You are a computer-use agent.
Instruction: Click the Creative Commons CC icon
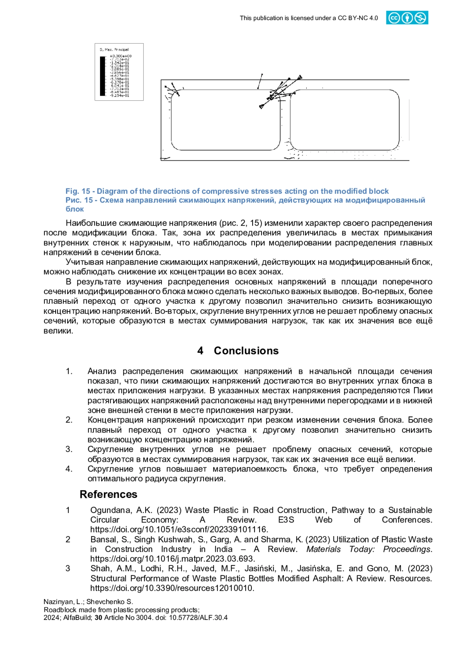(x=393, y=18)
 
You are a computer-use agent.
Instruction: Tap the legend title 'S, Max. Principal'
(x=114, y=49)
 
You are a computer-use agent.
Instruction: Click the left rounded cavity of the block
(x=225, y=120)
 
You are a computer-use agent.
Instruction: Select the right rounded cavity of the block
(x=344, y=120)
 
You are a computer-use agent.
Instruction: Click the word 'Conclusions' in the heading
(x=246, y=350)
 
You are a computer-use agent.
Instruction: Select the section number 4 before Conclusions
(x=200, y=350)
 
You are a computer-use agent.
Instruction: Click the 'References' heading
(x=108, y=494)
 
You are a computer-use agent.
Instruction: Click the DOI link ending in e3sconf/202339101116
(x=179, y=529)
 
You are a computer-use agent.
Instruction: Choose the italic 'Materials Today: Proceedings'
(x=369, y=549)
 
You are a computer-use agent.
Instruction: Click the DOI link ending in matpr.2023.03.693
(x=172, y=559)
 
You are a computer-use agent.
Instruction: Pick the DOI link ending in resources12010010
(x=172, y=588)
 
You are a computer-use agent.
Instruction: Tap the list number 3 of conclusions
(x=69, y=449)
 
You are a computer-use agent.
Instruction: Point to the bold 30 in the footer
(x=99, y=617)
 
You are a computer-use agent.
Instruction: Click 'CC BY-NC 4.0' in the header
(x=358, y=18)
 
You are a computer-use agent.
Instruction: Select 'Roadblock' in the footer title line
(x=58, y=610)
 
